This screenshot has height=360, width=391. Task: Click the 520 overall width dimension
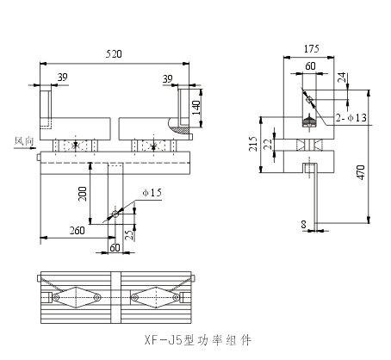pos(114,53)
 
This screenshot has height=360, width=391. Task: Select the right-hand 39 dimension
pos(168,78)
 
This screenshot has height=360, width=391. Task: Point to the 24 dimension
pos(342,78)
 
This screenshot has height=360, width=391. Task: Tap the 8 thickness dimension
pos(304,227)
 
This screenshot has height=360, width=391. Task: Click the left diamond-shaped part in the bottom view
pos(77,297)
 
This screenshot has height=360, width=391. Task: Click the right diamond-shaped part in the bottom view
pos(156,297)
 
